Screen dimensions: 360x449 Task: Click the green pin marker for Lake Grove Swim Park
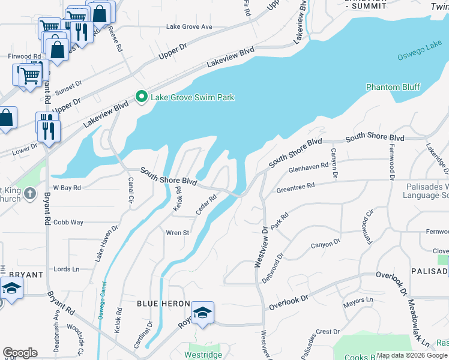pyautogui.click(x=142, y=97)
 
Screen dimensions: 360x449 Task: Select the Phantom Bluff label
pyautogui.click(x=393, y=87)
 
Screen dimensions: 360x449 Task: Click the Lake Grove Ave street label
pyautogui.click(x=189, y=27)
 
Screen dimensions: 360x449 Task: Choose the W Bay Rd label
pyautogui.click(x=67, y=188)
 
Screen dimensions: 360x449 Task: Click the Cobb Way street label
pyautogui.click(x=68, y=222)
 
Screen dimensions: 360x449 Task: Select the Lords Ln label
pyautogui.click(x=66, y=269)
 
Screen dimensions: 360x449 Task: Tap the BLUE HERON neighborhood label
pyautogui.click(x=163, y=304)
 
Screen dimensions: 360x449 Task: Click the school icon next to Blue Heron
pyautogui.click(x=202, y=313)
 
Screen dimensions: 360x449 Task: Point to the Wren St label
pyautogui.click(x=178, y=233)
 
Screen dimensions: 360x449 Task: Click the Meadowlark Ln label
pyautogui.click(x=417, y=325)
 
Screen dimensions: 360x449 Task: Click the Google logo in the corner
pyautogui.click(x=20, y=353)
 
